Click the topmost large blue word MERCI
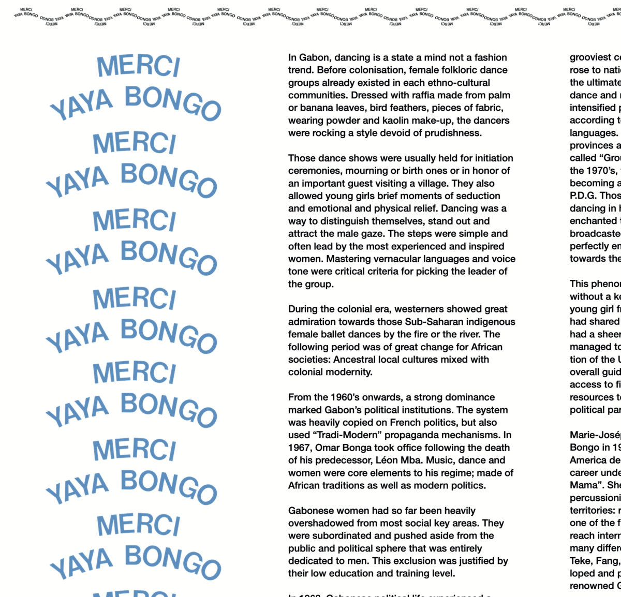[x=138, y=66]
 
